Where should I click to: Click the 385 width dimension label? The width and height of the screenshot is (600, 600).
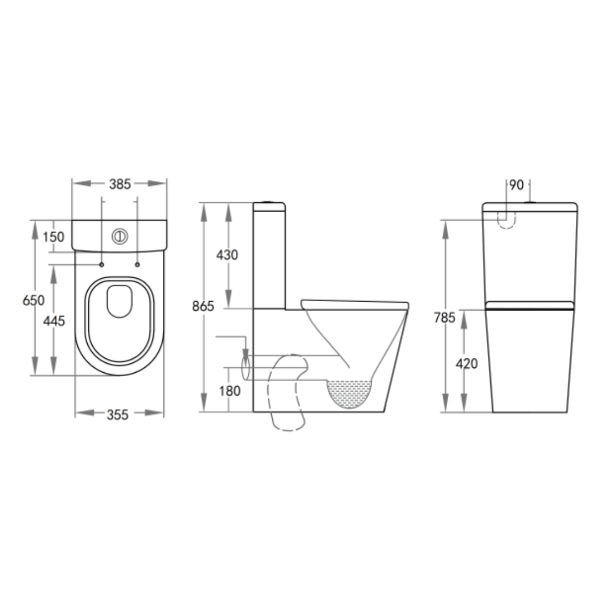(x=119, y=184)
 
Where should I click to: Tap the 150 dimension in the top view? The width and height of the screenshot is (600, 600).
(x=54, y=237)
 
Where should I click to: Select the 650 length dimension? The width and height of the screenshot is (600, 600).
(x=33, y=301)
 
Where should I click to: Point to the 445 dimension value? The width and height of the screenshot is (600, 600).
(x=54, y=321)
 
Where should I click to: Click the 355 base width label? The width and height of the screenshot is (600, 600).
(x=118, y=414)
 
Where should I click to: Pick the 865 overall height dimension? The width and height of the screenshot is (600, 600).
(x=203, y=306)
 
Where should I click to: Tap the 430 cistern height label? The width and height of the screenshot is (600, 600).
(x=227, y=255)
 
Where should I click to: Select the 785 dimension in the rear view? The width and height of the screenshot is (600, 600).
(x=444, y=318)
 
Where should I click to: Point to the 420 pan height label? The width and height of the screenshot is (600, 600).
(x=467, y=364)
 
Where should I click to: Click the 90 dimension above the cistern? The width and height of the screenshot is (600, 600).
(x=517, y=185)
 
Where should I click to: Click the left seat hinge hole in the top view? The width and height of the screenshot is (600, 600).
(x=102, y=265)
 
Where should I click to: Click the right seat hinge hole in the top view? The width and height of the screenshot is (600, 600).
(x=137, y=265)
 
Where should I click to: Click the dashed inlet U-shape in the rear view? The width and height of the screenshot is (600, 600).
(x=506, y=221)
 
